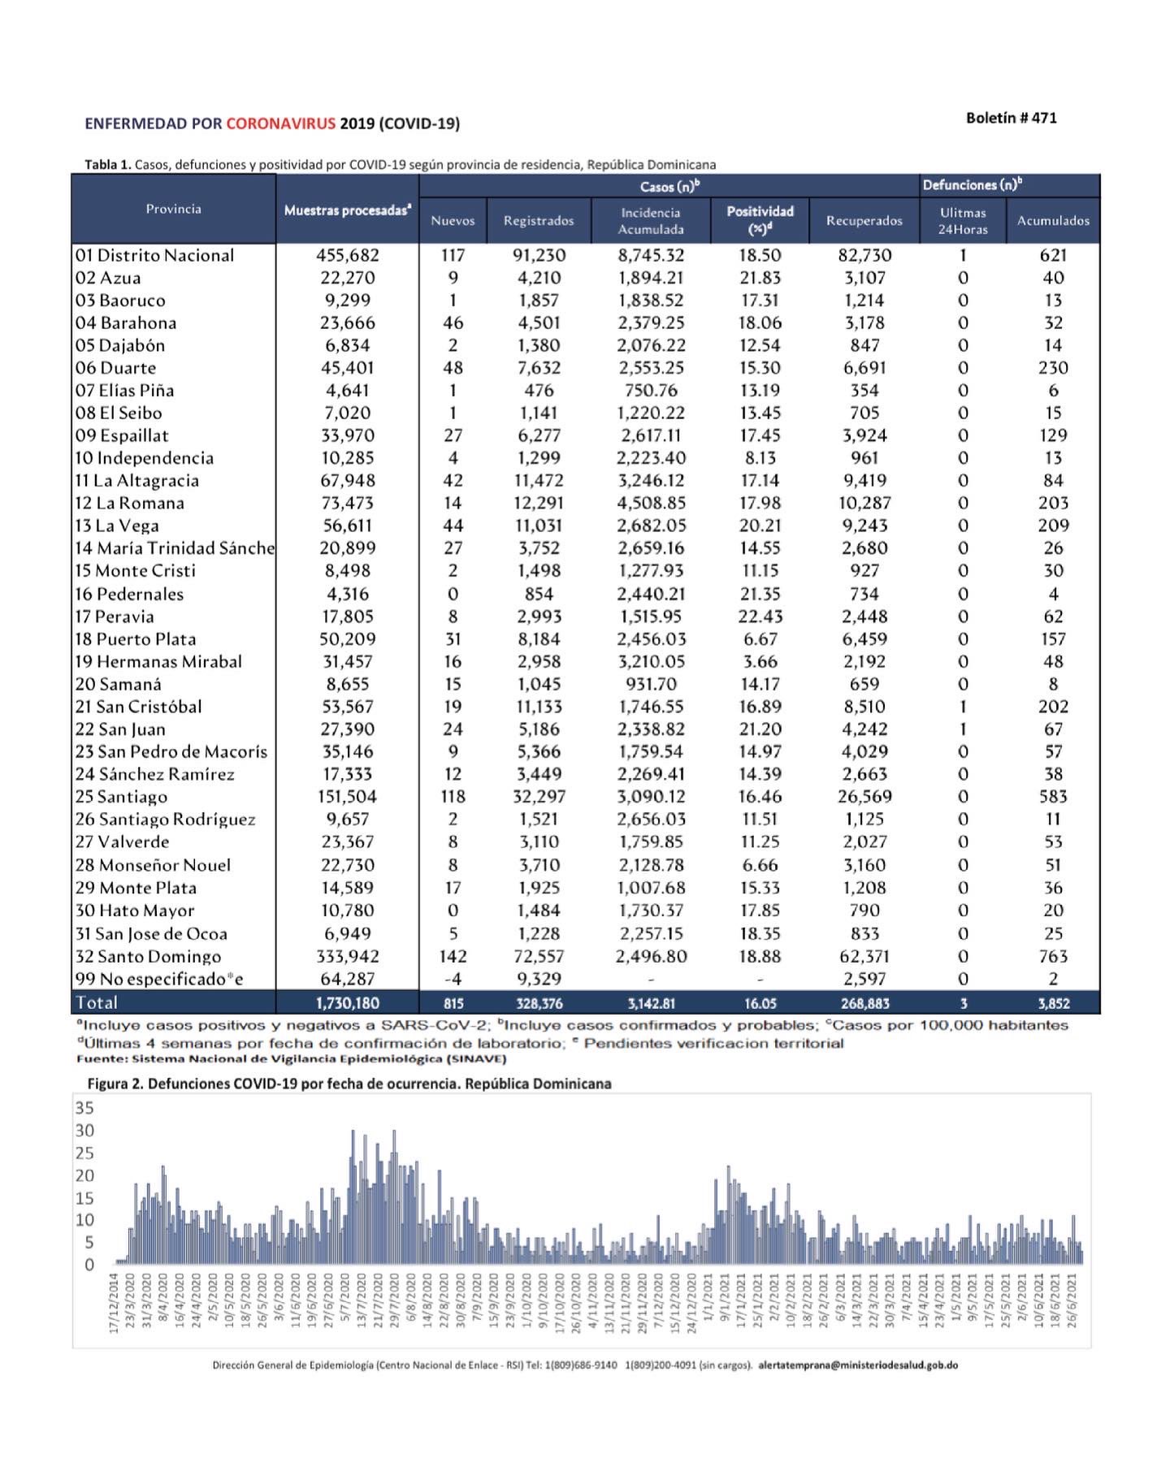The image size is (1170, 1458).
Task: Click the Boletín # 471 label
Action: [x=1011, y=118]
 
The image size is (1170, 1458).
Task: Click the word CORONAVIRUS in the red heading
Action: [x=280, y=123]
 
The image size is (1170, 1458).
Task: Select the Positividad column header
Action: [x=760, y=220]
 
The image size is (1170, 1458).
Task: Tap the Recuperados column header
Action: [x=864, y=220]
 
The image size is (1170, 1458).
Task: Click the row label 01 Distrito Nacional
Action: [x=154, y=255]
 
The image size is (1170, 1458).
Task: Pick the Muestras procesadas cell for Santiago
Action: [x=347, y=797]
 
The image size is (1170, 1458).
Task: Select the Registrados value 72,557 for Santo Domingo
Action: [x=539, y=956]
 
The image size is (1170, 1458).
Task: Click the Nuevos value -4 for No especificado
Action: [x=453, y=979]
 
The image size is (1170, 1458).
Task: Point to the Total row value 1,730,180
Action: [x=347, y=1003]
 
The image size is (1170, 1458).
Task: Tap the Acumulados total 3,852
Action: [x=1053, y=1003]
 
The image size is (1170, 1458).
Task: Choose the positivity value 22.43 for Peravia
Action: [x=760, y=617]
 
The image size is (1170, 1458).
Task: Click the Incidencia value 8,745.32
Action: [x=651, y=255]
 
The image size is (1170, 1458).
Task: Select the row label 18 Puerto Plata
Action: [x=136, y=639]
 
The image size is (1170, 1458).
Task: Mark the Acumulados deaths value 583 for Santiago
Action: [x=1053, y=797]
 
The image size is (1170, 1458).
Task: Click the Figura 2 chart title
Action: [x=349, y=1084]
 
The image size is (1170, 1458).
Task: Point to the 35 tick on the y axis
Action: [x=84, y=1108]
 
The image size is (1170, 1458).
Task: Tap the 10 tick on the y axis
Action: [x=84, y=1220]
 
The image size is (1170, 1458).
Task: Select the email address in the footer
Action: [x=858, y=1365]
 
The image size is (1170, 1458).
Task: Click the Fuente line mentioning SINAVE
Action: [x=292, y=1058]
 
